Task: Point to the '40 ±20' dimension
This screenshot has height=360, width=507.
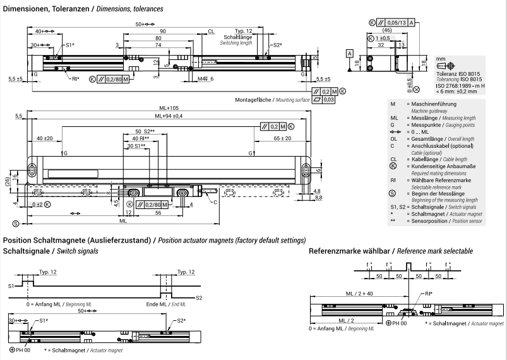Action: (44, 138)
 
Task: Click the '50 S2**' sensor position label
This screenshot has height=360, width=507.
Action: (146, 131)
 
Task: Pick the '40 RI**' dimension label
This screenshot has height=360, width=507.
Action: (139, 138)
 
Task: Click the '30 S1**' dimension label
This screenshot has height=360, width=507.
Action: (136, 146)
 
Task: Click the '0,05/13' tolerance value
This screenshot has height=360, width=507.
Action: (397, 22)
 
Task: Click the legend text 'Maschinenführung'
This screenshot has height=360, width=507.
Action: (437, 104)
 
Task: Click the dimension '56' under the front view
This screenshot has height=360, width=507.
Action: (157, 213)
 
